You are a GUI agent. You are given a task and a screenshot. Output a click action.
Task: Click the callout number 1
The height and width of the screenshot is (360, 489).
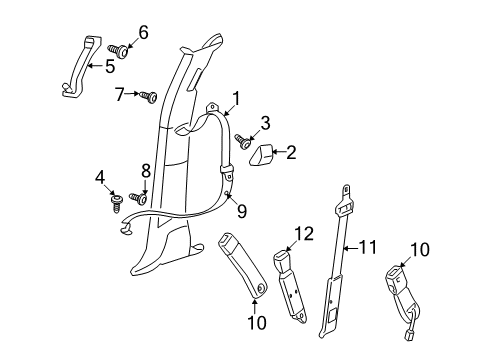pos(236,98)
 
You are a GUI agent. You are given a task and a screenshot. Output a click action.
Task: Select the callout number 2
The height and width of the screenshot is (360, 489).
pos(292,153)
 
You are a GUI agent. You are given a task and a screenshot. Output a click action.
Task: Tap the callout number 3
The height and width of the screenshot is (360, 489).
pos(265,123)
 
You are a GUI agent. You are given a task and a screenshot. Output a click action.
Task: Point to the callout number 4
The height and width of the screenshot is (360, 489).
pos(100,179)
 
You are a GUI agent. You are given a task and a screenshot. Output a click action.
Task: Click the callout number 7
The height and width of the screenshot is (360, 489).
pos(120,94)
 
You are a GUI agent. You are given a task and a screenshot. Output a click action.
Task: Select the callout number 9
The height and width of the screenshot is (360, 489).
pos(240,210)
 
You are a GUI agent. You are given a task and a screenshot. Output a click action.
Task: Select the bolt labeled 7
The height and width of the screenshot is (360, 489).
pos(149,96)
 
